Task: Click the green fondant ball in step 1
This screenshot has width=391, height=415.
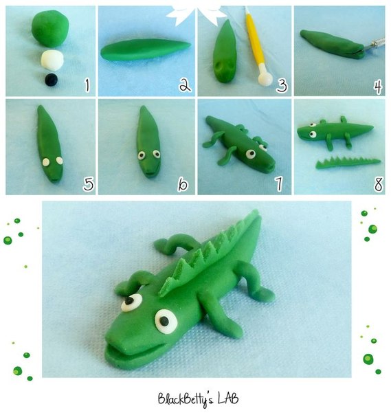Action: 50,28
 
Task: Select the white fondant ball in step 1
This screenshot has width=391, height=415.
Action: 52,60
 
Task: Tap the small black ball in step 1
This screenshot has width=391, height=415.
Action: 51,80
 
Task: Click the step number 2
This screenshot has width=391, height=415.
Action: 185,85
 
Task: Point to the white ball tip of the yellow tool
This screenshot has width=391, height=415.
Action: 265,78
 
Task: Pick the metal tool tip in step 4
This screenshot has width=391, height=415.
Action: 374,44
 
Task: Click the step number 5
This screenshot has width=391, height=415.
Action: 89,183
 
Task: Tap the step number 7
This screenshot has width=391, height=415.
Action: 279,183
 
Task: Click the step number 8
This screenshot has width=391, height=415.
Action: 379,184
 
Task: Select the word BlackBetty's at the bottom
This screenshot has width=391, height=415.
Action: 186,400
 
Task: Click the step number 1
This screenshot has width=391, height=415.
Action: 87,85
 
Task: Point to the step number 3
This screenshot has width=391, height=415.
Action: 282,85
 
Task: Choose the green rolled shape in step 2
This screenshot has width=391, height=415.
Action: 145,49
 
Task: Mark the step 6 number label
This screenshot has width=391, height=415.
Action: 183,183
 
